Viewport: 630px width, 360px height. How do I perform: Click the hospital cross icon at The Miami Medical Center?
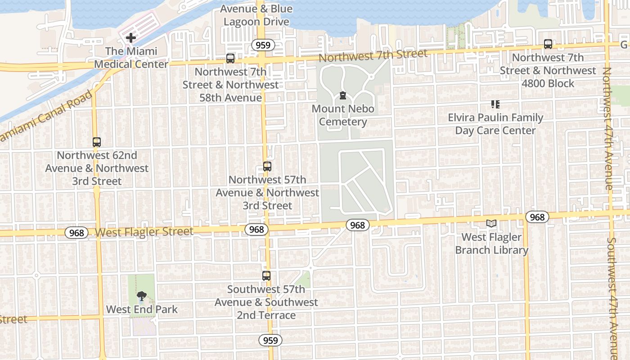click(x=131, y=38)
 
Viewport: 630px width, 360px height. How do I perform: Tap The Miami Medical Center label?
click(x=131, y=58)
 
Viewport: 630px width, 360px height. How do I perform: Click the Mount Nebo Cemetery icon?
click(x=343, y=95)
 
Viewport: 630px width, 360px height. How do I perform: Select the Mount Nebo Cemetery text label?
click(x=343, y=115)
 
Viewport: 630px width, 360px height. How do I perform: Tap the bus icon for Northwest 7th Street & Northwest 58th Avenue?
click(x=230, y=58)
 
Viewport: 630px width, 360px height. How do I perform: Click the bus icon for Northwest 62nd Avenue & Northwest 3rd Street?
click(x=97, y=142)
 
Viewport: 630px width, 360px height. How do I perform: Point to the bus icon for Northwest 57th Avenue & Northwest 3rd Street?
click(x=267, y=166)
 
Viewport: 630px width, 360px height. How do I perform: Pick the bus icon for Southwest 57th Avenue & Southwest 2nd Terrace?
click(x=266, y=276)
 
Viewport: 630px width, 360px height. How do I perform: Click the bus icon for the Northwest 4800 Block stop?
click(x=548, y=44)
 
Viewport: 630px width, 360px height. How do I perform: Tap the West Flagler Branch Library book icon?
click(x=491, y=224)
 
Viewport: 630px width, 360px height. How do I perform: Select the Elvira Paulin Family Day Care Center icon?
click(x=495, y=104)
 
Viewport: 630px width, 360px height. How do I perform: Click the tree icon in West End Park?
click(x=141, y=296)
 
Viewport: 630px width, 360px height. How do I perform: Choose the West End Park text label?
click(x=142, y=310)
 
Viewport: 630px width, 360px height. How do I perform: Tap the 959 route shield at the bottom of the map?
click(x=270, y=340)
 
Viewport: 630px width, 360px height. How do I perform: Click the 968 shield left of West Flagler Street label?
click(x=76, y=233)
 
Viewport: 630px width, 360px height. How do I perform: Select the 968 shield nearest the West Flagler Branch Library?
click(x=537, y=217)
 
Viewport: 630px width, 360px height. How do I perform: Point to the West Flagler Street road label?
click(x=144, y=232)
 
